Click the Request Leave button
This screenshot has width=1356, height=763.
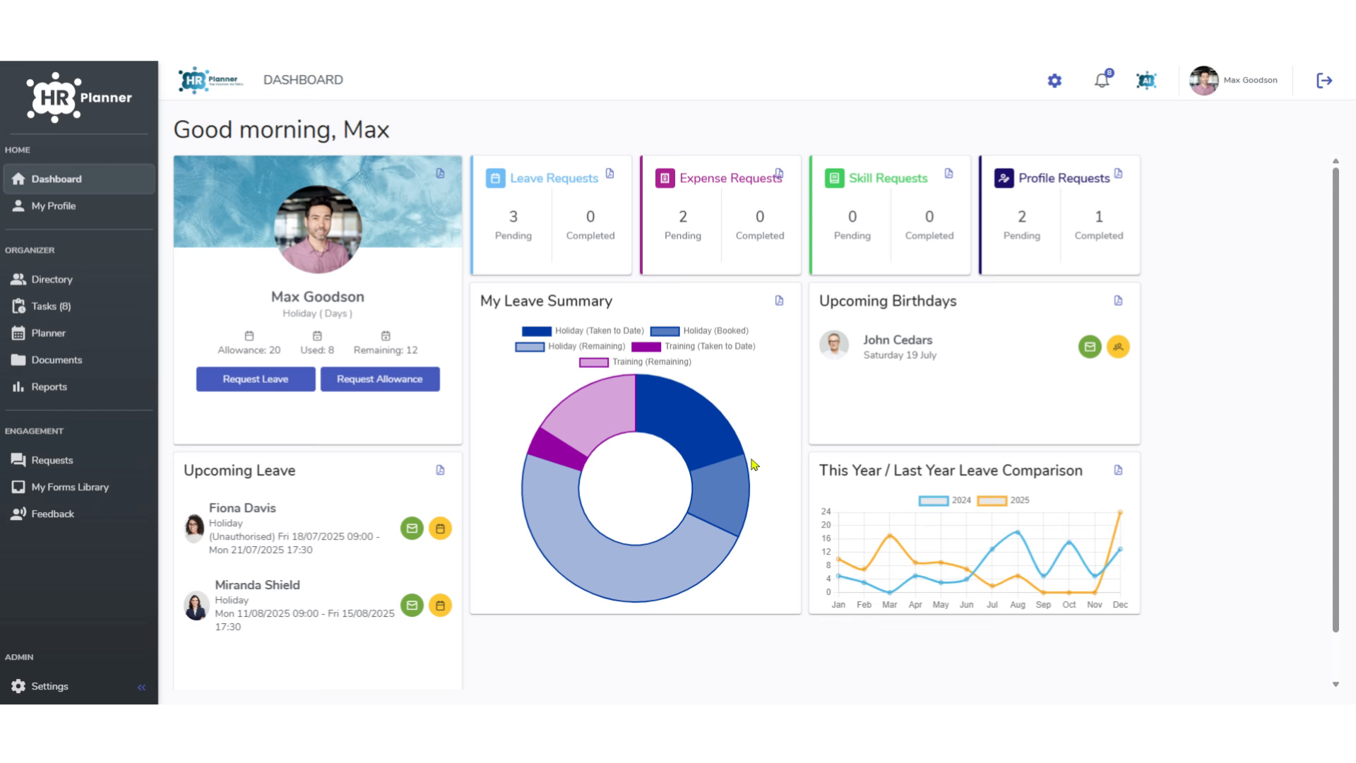click(x=256, y=379)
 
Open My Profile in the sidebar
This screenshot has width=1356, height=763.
click(x=53, y=206)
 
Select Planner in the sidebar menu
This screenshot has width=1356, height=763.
click(x=48, y=333)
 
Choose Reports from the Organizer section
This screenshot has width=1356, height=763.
click(x=49, y=387)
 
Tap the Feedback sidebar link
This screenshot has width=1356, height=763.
click(x=52, y=514)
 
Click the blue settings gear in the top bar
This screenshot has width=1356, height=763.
click(x=1054, y=81)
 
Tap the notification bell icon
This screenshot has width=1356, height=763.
click(x=1102, y=80)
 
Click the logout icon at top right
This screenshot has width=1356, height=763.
click(x=1324, y=81)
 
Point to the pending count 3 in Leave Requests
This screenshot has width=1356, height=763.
click(x=513, y=217)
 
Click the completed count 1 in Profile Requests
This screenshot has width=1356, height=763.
click(x=1099, y=217)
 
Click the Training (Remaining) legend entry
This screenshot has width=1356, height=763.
click(x=635, y=362)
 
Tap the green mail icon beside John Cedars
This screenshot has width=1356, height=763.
click(x=1090, y=347)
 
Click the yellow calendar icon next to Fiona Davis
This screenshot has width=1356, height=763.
click(x=440, y=528)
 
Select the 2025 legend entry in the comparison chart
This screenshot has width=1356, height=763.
click(x=1003, y=500)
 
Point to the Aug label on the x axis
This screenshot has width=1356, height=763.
click(x=1018, y=605)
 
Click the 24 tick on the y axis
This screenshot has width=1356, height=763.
click(x=826, y=511)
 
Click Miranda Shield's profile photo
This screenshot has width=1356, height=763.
click(x=196, y=605)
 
